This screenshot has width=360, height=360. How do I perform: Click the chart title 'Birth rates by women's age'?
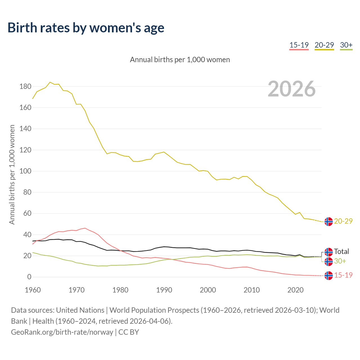pyautogui.click(x=86, y=28)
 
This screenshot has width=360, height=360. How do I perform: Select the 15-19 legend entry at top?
pyautogui.click(x=299, y=45)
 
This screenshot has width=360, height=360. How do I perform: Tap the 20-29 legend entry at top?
pyautogui.click(x=324, y=45)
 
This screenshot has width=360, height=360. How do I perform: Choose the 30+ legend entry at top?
pyautogui.click(x=346, y=45)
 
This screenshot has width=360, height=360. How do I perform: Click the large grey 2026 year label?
pyautogui.click(x=292, y=89)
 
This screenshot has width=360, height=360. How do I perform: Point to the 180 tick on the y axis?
pyautogui.click(x=25, y=87)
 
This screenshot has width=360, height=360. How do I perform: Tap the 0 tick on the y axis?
pyautogui.click(x=29, y=277)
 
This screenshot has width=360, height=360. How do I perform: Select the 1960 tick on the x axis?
pyautogui.click(x=33, y=290)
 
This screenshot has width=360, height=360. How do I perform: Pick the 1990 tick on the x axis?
pyautogui.click(x=164, y=290)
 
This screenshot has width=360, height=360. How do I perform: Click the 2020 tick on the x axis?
pyautogui.click(x=295, y=290)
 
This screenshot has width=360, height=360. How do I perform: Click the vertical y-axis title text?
pyautogui.click(x=12, y=175)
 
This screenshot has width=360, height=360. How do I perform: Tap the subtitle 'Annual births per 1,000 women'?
pyautogui.click(x=180, y=60)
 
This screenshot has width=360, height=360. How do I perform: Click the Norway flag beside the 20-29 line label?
pyautogui.click(x=328, y=222)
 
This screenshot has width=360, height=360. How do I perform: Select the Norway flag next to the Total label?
pyautogui.click(x=328, y=252)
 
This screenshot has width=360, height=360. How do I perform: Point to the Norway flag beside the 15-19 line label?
pyautogui.click(x=328, y=276)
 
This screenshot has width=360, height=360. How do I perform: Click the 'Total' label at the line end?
pyautogui.click(x=341, y=251)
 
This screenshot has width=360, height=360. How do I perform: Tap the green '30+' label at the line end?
pyautogui.click(x=340, y=261)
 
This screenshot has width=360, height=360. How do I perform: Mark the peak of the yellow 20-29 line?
pyautogui.click(x=50, y=82)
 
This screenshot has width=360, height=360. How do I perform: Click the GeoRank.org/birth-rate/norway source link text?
pyautogui.click(x=62, y=332)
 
